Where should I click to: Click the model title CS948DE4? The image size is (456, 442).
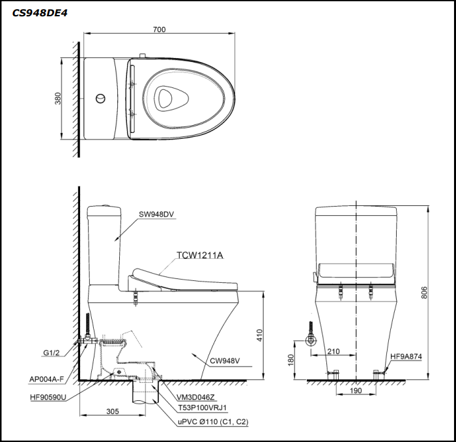40,12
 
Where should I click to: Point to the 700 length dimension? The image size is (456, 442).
160,29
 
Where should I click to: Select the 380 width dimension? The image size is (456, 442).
58,98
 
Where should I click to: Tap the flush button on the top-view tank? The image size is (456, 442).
100,98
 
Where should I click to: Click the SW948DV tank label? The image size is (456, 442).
156,214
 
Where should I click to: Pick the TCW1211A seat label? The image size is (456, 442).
199,255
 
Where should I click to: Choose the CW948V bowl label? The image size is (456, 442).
225,360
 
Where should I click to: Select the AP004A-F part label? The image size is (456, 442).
47,379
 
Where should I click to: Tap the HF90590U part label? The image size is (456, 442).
48,396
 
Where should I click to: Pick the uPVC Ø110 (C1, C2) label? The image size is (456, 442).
213,422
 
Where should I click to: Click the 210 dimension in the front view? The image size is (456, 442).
334,351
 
